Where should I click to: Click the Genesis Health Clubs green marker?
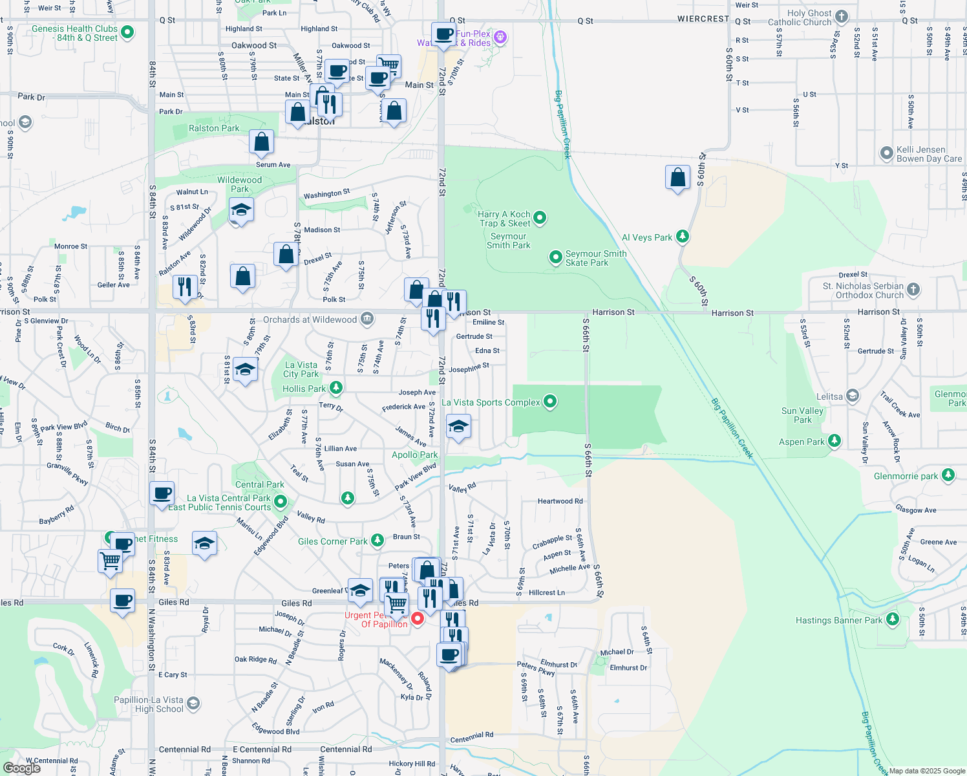click(127, 32)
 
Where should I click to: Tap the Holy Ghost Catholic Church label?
click(800, 17)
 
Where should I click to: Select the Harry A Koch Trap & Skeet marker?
click(540, 219)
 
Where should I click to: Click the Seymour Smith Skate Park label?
click(595, 258)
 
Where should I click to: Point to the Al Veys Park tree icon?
click(683, 237)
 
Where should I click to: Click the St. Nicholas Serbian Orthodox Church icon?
click(913, 289)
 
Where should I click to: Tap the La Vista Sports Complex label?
click(491, 402)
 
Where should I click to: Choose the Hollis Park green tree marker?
click(335, 388)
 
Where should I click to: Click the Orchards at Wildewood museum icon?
click(367, 319)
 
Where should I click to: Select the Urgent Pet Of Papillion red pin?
click(418, 618)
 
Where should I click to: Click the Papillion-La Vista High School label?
click(149, 704)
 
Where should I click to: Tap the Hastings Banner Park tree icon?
click(893, 620)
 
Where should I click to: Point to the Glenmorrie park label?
click(906, 476)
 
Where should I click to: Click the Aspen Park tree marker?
click(834, 441)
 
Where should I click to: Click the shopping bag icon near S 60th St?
click(677, 177)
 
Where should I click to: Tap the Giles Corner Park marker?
click(377, 541)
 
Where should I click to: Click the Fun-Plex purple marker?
click(500, 38)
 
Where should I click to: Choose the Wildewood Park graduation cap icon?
click(241, 210)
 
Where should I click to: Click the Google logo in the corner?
click(21, 768)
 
